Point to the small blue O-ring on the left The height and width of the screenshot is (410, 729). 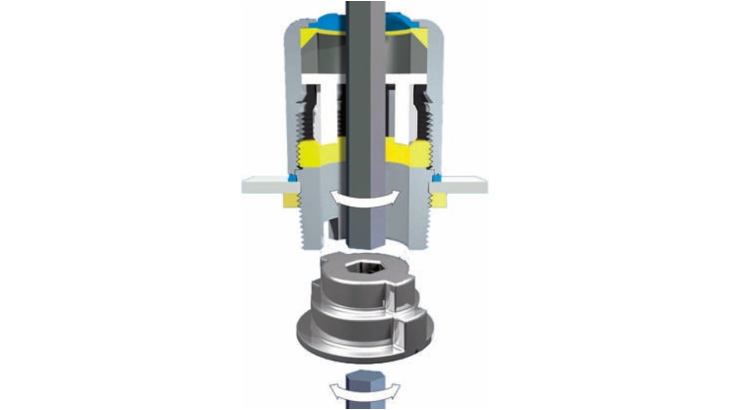click(x=293, y=178)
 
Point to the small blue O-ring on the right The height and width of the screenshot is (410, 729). click(x=436, y=178)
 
